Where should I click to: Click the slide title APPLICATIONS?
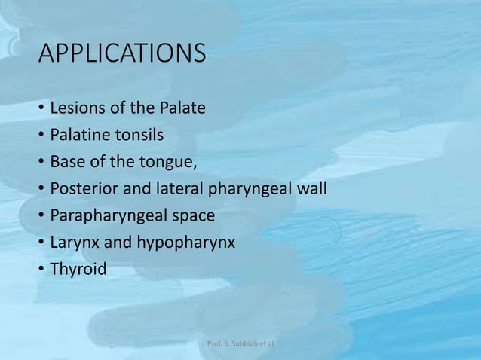(x=121, y=54)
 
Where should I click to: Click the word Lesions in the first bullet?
(x=76, y=108)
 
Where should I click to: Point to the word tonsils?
(x=139, y=135)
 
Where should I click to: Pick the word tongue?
(x=171, y=163)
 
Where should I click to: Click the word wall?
(x=311, y=189)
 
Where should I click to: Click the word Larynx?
(x=72, y=244)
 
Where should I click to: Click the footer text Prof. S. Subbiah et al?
(x=240, y=343)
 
